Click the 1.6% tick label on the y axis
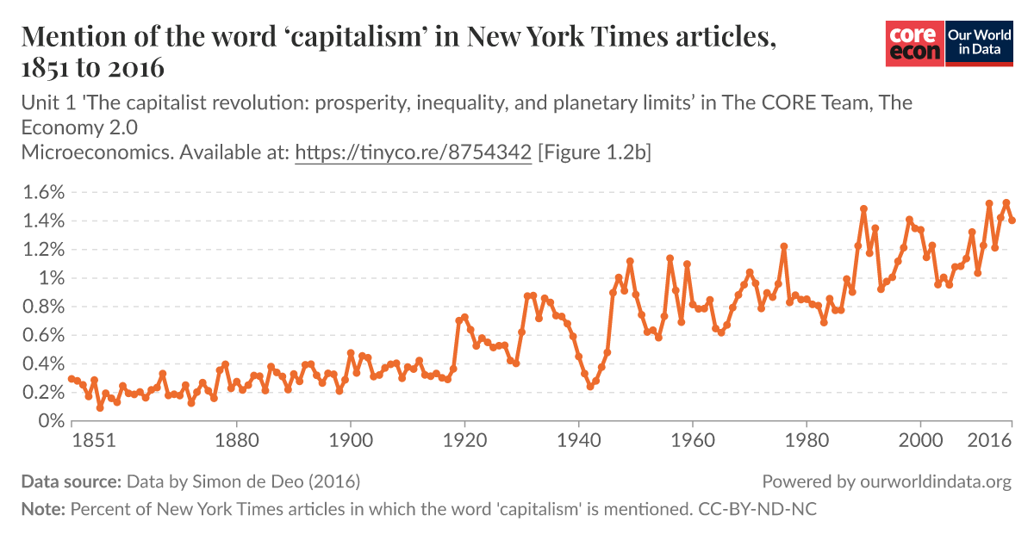click(43, 192)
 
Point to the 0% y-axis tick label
click(50, 421)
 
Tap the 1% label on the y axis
click(51, 278)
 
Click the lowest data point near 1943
click(590, 387)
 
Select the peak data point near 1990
click(863, 208)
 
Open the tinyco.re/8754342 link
click(413, 153)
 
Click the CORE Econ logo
click(914, 42)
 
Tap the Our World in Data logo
click(979, 42)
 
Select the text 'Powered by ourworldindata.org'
click(887, 481)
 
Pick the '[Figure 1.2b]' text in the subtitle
click(595, 153)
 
